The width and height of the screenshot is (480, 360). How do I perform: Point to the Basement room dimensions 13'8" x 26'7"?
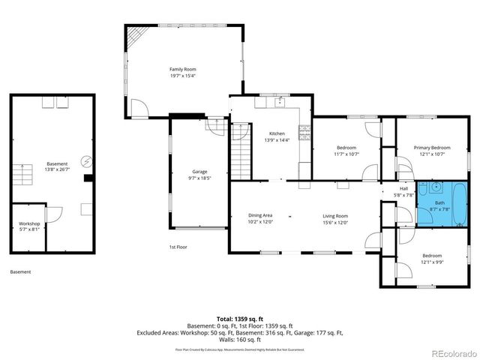coord(57,169)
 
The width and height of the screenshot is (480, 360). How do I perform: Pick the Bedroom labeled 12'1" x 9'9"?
coord(431,259)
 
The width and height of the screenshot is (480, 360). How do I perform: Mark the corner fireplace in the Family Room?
coord(135,37)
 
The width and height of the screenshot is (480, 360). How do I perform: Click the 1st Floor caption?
coord(178,246)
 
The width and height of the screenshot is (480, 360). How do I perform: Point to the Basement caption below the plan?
coord(21,271)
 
